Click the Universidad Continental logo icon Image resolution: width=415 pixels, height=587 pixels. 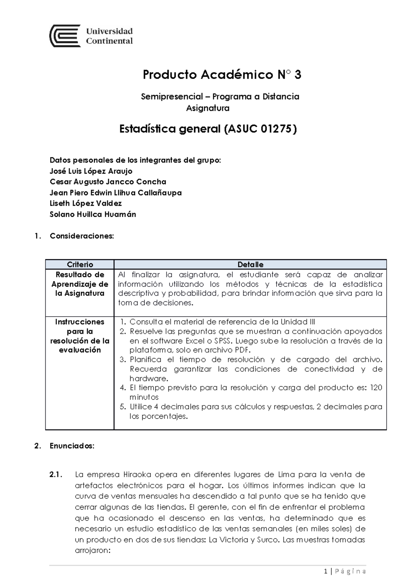click(65, 36)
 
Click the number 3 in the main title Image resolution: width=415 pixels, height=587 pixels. click(298, 75)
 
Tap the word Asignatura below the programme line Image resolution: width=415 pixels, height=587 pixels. click(207, 108)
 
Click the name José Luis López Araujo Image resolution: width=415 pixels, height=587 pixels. click(91, 171)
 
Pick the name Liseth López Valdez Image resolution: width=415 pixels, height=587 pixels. click(85, 203)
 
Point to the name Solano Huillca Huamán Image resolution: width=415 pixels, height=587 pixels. click(93, 214)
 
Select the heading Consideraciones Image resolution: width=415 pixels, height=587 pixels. click(82, 236)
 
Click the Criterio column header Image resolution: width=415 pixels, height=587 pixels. click(80, 264)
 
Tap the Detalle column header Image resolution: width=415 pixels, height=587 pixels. click(250, 264)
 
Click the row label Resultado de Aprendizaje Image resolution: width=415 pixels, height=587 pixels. click(80, 284)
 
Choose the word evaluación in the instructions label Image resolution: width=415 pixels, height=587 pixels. click(80, 350)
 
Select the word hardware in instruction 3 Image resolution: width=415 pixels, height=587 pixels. click(148, 378)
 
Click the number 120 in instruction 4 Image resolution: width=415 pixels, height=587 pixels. click(376, 388)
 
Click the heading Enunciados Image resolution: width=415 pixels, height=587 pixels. click(72, 446)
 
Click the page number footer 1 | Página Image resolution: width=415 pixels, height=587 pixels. click(345, 571)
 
